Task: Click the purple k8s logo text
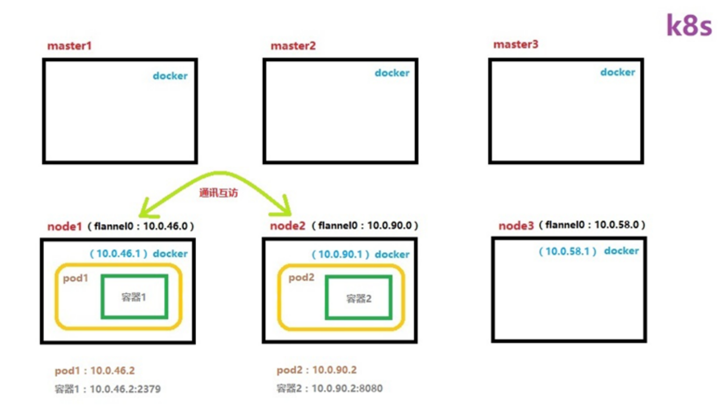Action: tap(688, 25)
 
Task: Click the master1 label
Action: tap(69, 46)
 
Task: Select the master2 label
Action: tap(293, 46)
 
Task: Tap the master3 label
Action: tap(515, 45)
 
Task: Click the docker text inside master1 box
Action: tap(170, 76)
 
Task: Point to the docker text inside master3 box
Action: tap(617, 72)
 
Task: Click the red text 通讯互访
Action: tap(219, 193)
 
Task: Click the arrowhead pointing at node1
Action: tap(144, 209)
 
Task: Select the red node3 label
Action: tap(515, 226)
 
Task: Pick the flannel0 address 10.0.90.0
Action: tap(389, 225)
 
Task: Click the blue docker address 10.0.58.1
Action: tap(567, 251)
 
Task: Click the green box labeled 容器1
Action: tap(134, 297)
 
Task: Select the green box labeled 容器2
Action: tap(359, 298)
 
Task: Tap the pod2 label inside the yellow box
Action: tap(301, 277)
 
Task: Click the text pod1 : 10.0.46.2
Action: tap(94, 370)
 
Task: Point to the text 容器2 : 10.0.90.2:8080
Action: tap(329, 388)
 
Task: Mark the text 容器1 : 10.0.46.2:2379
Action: tap(107, 389)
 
